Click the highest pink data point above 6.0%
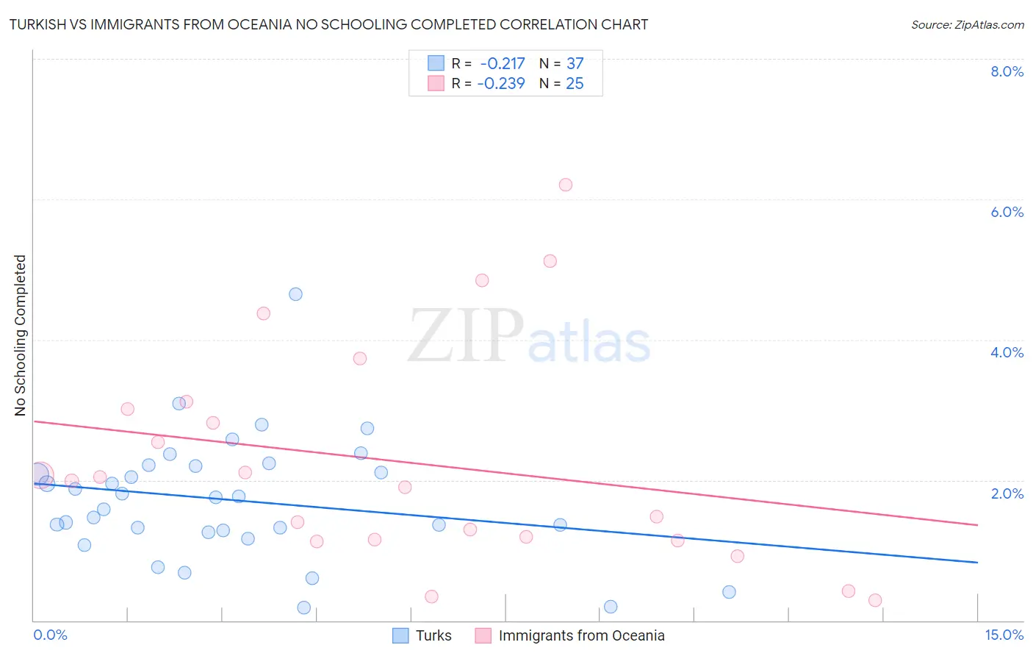(565, 185)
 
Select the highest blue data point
(295, 294)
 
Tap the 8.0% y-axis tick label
(1007, 71)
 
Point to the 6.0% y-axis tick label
(1007, 212)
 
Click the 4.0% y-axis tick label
(1007, 352)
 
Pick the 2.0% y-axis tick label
(1007, 493)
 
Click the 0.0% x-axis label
(50, 635)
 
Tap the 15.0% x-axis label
(1004, 635)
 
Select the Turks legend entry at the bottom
(422, 635)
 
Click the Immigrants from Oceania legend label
(581, 635)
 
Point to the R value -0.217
(503, 64)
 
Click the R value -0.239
(501, 84)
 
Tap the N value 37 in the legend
(575, 64)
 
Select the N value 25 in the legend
(575, 84)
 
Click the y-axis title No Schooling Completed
(21, 335)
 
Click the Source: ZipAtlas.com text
(967, 25)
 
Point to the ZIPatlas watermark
(529, 337)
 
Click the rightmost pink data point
(874, 600)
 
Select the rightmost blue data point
(729, 592)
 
